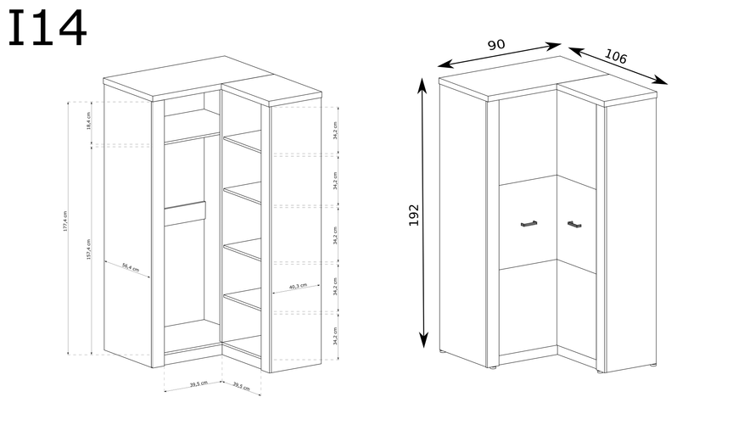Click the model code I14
click(48, 30)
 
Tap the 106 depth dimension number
click(616, 58)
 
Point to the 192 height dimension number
click(413, 214)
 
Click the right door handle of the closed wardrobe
click(574, 224)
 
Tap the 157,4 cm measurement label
click(90, 249)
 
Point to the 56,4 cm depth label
click(130, 267)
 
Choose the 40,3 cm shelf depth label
click(298, 287)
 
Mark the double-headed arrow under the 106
click(618, 65)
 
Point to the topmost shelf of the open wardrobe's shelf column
click(242, 141)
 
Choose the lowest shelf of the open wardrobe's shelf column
click(242, 299)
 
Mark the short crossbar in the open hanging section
click(184, 206)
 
